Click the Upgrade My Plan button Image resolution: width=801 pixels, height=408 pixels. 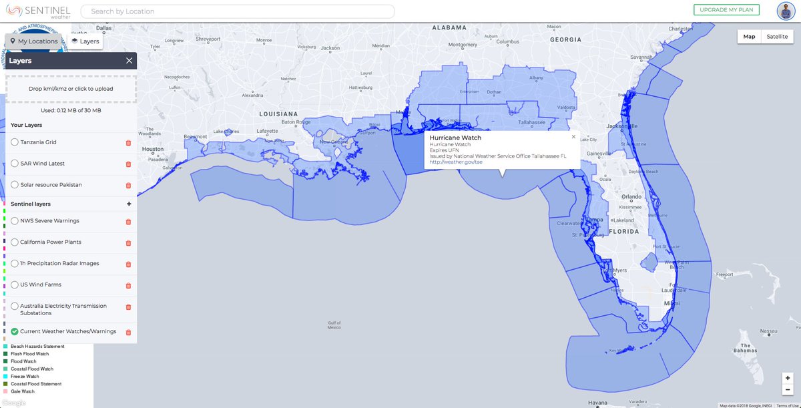point(726,10)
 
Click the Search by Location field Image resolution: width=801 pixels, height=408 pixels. point(237,11)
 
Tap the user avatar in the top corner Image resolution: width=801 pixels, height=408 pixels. point(785,11)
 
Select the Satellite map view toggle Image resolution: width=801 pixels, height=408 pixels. point(776,37)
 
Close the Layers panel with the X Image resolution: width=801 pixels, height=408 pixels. point(129,61)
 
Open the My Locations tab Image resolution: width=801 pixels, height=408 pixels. point(33,41)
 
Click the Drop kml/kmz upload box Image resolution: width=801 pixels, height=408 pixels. point(71,89)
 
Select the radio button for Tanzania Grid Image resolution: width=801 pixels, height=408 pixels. point(15,142)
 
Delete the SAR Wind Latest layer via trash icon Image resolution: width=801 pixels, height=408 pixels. point(128,164)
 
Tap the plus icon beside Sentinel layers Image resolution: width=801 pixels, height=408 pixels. point(129,204)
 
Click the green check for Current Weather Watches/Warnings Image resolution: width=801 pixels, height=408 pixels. point(15,331)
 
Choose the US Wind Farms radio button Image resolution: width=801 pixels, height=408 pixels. point(15,284)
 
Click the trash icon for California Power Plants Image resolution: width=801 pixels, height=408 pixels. point(128,242)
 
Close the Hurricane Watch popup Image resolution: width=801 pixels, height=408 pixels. point(573,137)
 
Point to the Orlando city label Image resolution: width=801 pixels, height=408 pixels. point(631,197)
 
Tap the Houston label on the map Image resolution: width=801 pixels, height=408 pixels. point(153,149)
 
